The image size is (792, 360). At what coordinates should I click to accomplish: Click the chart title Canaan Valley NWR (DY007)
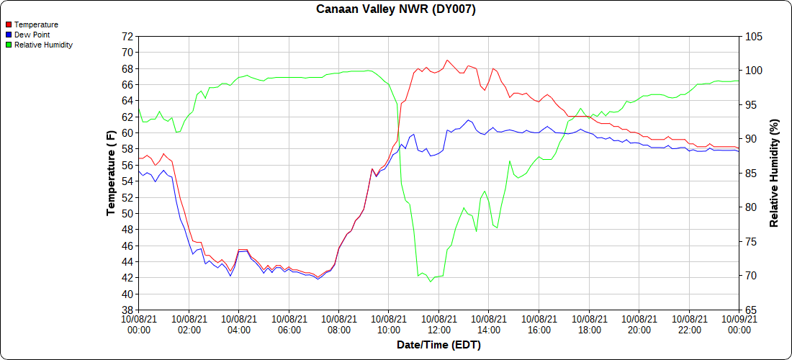click(x=396, y=9)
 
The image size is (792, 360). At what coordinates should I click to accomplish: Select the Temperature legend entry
click(x=36, y=24)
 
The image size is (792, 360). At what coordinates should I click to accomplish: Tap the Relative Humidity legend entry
click(x=43, y=45)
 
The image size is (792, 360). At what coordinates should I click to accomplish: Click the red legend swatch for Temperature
click(x=8, y=24)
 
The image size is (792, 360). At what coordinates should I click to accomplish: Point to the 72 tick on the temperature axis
click(x=127, y=36)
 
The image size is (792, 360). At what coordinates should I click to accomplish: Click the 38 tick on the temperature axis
click(x=127, y=310)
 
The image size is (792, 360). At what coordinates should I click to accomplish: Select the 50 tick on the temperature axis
click(x=127, y=214)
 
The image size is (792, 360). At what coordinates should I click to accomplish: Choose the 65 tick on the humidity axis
click(x=750, y=310)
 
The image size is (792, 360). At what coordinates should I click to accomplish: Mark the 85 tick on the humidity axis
click(x=750, y=174)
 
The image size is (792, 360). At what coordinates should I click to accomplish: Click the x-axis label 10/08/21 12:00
click(x=438, y=325)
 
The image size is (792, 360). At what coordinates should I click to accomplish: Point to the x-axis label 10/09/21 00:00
click(x=739, y=325)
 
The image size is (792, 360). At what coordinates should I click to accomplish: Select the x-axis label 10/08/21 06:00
click(x=289, y=325)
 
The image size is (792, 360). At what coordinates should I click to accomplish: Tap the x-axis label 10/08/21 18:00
click(x=589, y=325)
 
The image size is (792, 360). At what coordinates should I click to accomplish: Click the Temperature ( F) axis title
click(x=111, y=174)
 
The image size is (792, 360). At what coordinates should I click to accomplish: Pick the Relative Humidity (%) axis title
click(x=775, y=174)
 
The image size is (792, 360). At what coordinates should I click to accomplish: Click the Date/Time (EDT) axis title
click(x=438, y=346)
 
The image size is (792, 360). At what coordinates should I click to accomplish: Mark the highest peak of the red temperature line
click(x=447, y=60)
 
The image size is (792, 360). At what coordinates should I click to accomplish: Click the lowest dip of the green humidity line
click(x=431, y=282)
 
